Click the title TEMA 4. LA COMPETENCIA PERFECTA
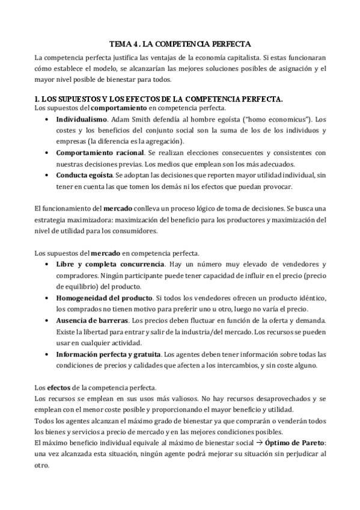180,44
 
